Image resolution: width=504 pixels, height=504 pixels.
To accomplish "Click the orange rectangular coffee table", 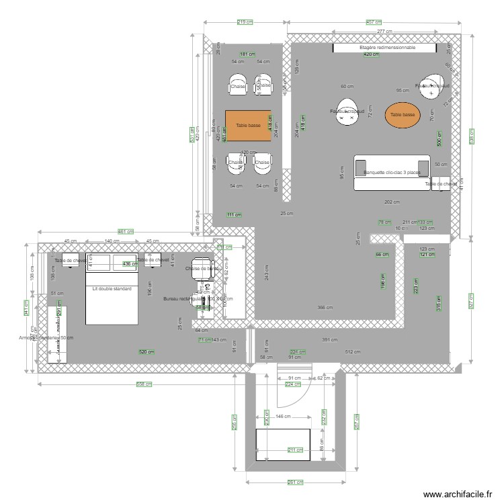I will coord(248,125).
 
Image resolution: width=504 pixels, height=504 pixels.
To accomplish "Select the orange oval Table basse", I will coord(403,115).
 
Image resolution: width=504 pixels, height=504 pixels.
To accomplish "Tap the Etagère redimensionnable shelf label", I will coord(387,48).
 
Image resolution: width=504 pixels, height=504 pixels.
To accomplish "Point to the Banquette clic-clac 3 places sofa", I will coord(392,173).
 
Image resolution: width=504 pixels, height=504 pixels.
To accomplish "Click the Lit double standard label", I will coord(112,289).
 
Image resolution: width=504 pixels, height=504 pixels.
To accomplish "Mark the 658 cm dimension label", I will coord(143,385).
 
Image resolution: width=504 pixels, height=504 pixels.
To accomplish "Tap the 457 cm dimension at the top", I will coord(374,22).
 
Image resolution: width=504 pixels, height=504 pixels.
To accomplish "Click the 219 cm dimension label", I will coord(245,22).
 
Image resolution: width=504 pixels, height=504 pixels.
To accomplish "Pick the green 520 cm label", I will coord(146,352).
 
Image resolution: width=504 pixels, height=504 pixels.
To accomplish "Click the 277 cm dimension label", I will coord(384,32).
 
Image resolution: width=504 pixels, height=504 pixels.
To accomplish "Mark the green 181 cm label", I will coord(248,54).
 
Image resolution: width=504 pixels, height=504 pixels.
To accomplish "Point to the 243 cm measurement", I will coord(267,273).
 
